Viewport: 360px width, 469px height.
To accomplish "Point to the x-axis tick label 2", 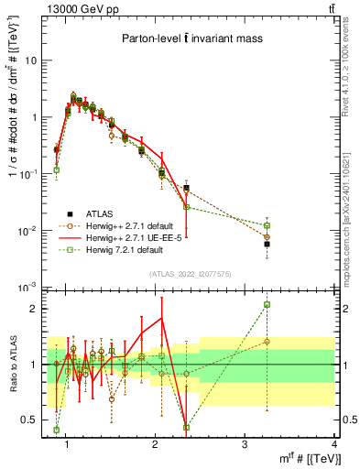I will click(155, 444).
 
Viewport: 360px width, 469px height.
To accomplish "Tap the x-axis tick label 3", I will click(245, 444).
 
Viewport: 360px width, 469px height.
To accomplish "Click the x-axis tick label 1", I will click(67, 444).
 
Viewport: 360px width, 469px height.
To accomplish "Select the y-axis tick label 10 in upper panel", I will click(31, 60).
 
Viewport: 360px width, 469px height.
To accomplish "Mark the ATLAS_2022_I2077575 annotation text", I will click(191, 274).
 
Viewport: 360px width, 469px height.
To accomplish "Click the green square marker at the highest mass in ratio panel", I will click(267, 304).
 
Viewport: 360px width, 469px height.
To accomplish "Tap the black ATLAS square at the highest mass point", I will click(267, 244).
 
